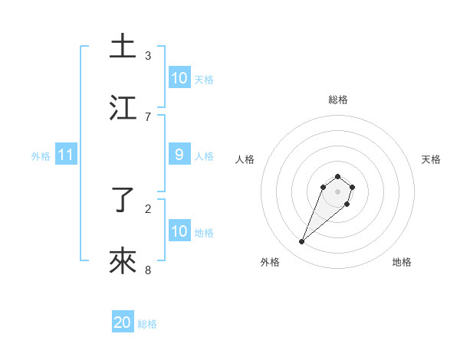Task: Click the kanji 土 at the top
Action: pyautogui.click(x=123, y=46)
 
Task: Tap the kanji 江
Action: pyautogui.click(x=123, y=108)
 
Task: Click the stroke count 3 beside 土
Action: pyautogui.click(x=148, y=55)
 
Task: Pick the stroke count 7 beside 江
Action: pyautogui.click(x=148, y=116)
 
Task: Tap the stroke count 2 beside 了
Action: pyautogui.click(x=148, y=208)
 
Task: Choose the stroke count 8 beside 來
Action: pyautogui.click(x=148, y=270)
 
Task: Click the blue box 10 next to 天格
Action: pyautogui.click(x=179, y=78)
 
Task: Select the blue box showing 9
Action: pyautogui.click(x=179, y=155)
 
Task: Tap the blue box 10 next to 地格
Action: pyautogui.click(x=179, y=231)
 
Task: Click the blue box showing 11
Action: pyautogui.click(x=66, y=155)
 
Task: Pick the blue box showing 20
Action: pyautogui.click(x=123, y=322)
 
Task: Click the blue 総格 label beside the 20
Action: pyautogui.click(x=147, y=324)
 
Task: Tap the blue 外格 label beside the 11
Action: pyautogui.click(x=41, y=156)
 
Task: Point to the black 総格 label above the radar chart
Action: pyautogui.click(x=338, y=100)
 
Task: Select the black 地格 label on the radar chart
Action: pyautogui.click(x=402, y=262)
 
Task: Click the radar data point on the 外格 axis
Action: pyautogui.click(x=302, y=242)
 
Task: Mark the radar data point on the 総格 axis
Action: pyautogui.click(x=338, y=175)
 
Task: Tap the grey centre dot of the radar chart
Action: pyautogui.click(x=338, y=191)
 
